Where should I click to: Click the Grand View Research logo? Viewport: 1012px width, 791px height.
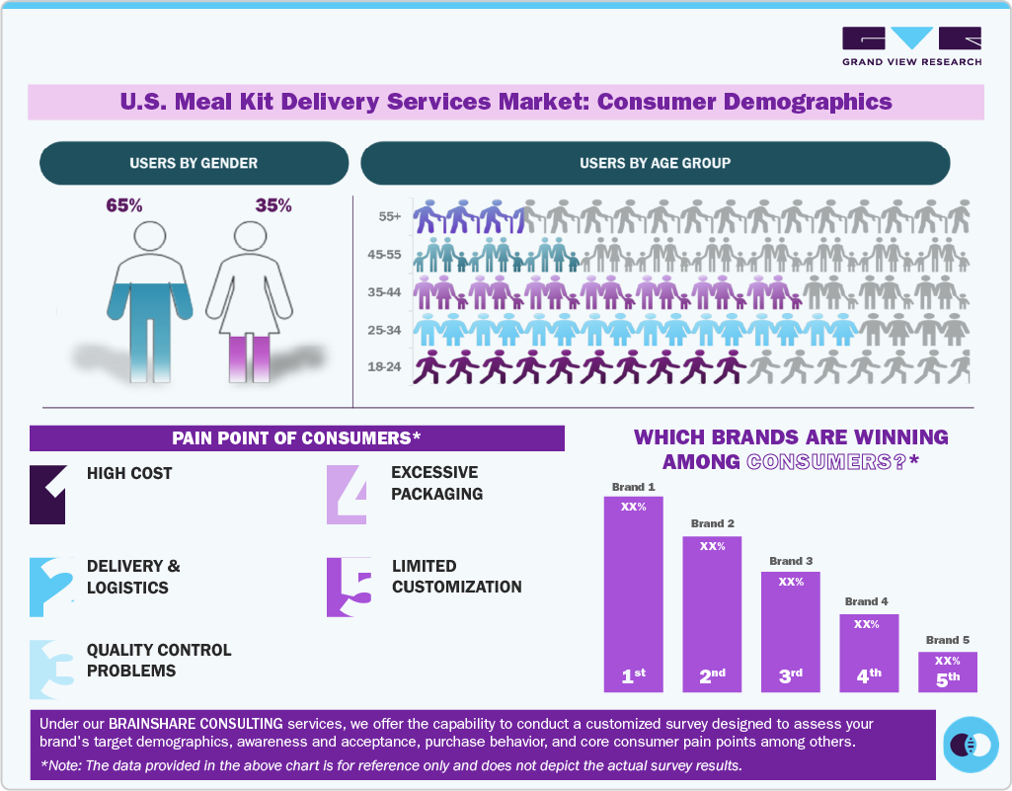coord(911,45)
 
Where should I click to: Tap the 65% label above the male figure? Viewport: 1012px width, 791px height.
coord(124,205)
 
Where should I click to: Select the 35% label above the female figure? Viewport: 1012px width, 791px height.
coord(273,205)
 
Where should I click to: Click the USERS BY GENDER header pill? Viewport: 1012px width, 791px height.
coord(194,163)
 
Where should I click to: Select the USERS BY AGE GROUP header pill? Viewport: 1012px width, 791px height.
coord(655,163)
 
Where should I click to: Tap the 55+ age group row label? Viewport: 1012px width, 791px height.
coord(388,216)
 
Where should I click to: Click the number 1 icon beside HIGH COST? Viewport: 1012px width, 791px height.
coord(48,494)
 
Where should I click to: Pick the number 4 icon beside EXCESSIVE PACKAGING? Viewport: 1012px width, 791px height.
coord(348,494)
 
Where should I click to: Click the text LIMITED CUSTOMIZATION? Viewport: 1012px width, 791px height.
coord(456,577)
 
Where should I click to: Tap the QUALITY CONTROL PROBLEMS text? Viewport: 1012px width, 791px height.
coord(159,661)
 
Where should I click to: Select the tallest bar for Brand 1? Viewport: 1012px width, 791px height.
coord(634,593)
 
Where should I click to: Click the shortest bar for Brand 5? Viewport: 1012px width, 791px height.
coord(947,671)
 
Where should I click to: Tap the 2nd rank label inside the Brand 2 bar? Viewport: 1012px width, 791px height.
coord(712,676)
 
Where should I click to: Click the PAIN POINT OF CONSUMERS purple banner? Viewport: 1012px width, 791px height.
coord(296,437)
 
